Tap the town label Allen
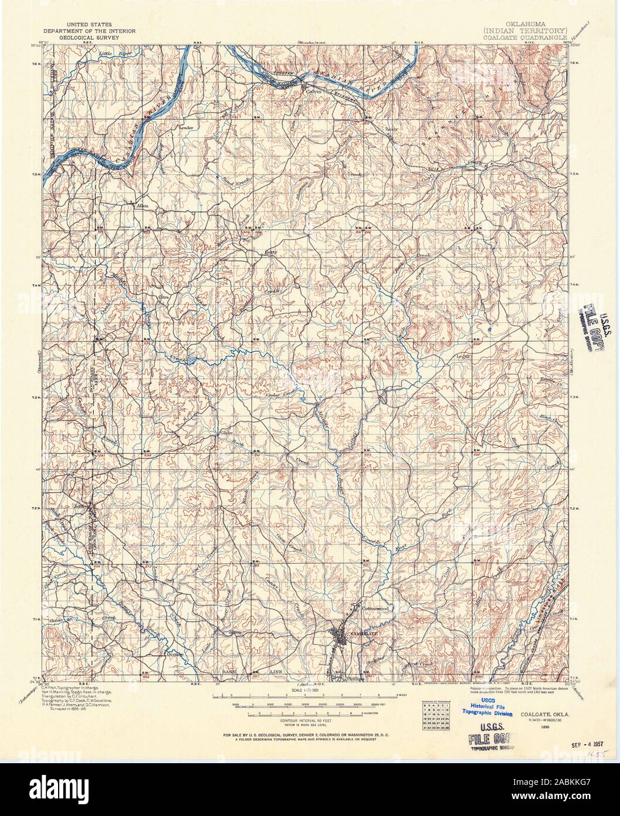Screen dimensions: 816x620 pos(143,207)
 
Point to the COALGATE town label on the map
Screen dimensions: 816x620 pos(360,635)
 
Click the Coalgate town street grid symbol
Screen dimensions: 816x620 pos(340,635)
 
